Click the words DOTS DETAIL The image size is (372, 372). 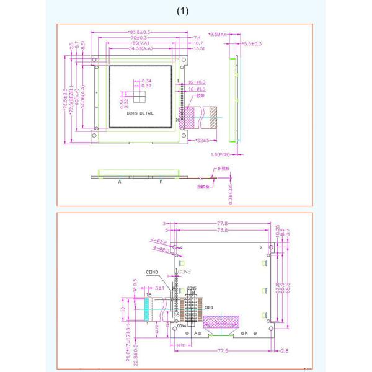tap(139, 114)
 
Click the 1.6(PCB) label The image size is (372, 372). tap(221, 155)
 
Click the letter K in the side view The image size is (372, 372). tap(161, 181)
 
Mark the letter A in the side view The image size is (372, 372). tap(120, 181)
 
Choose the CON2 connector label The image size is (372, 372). tap(184, 272)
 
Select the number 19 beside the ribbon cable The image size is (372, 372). tap(123, 307)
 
